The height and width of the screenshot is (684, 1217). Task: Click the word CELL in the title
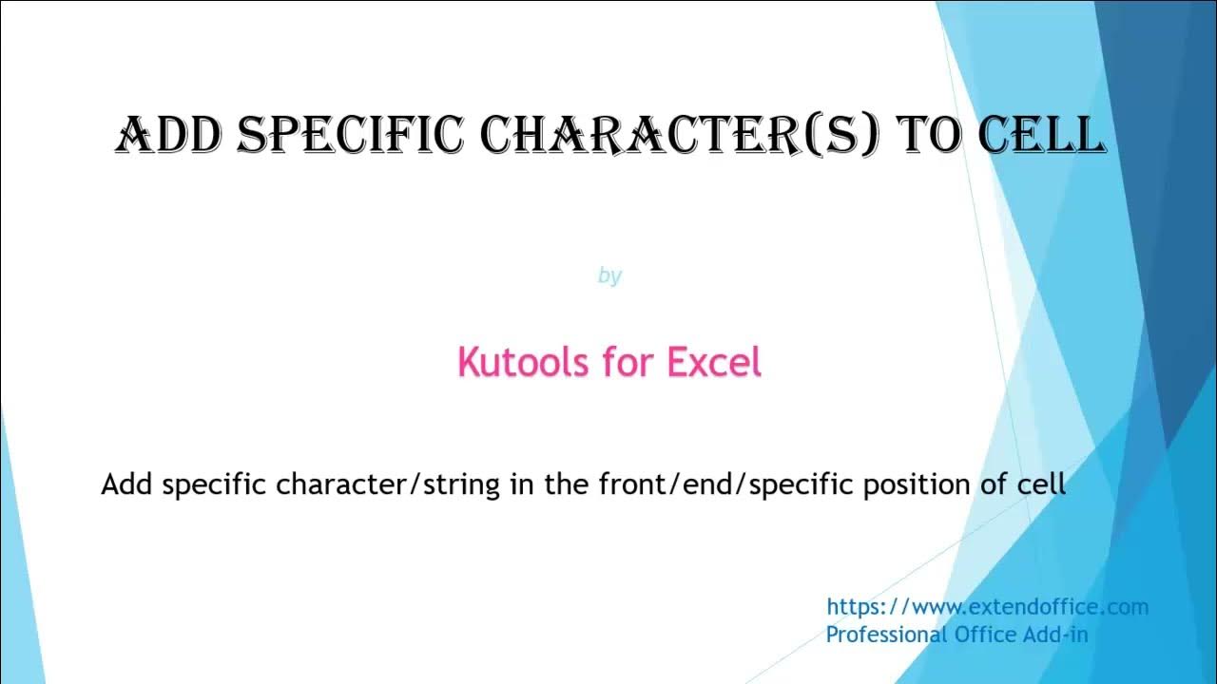click(x=1040, y=135)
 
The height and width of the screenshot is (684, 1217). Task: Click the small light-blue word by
click(x=609, y=275)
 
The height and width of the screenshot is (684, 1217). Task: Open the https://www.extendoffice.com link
click(x=987, y=607)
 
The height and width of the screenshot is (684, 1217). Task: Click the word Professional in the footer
click(x=885, y=635)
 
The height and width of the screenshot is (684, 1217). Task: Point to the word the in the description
click(x=568, y=484)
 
